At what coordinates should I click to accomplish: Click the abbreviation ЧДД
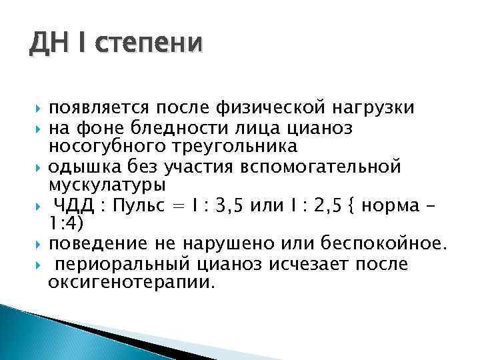click(x=75, y=203)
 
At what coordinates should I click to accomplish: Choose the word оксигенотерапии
click(x=132, y=282)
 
